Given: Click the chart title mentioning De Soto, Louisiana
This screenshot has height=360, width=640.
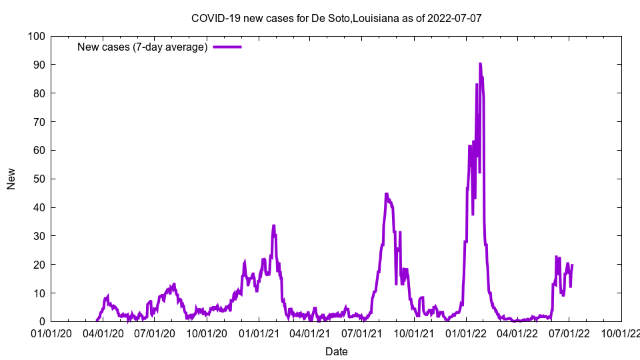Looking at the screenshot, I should pyautogui.click(x=336, y=19).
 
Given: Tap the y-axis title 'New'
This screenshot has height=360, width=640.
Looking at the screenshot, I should pyautogui.click(x=11, y=179).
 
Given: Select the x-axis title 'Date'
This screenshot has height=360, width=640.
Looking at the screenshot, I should pyautogui.click(x=336, y=351).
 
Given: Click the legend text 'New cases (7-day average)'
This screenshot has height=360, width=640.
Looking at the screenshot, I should pyautogui.click(x=143, y=47).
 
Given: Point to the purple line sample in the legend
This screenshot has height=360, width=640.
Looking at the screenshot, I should pyautogui.click(x=227, y=47).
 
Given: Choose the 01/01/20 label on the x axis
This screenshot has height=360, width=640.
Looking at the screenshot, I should pyautogui.click(x=51, y=333).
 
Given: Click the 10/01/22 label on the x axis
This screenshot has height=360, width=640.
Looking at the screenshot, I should pyautogui.click(x=621, y=333).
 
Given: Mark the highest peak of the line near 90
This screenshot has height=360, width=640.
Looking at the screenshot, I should pyautogui.click(x=480, y=64).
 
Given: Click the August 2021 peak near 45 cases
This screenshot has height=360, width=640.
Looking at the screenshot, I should pyautogui.click(x=387, y=194).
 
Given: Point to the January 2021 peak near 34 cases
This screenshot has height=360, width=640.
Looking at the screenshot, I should pyautogui.click(x=273, y=225).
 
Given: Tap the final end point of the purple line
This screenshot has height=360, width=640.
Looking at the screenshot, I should pyautogui.click(x=572, y=265).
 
